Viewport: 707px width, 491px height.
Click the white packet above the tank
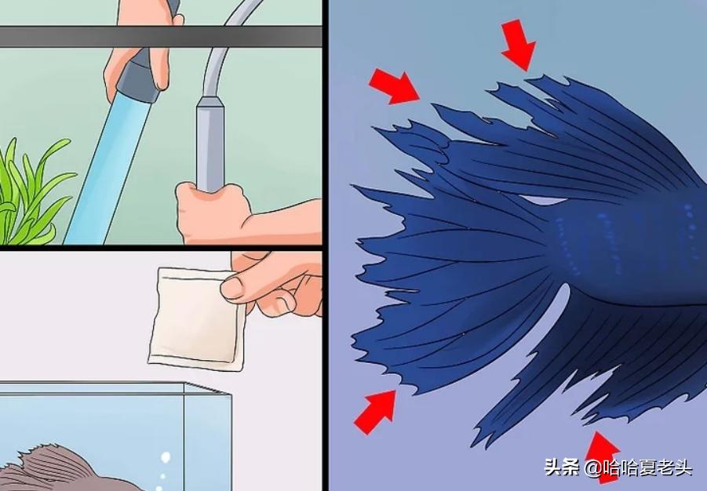click(x=195, y=318)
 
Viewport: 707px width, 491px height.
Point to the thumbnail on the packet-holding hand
click(x=233, y=288)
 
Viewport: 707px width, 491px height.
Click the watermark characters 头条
click(x=562, y=468)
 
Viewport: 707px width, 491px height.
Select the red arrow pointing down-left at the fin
click(x=518, y=43)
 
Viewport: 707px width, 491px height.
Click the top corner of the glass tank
click(x=184, y=384)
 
